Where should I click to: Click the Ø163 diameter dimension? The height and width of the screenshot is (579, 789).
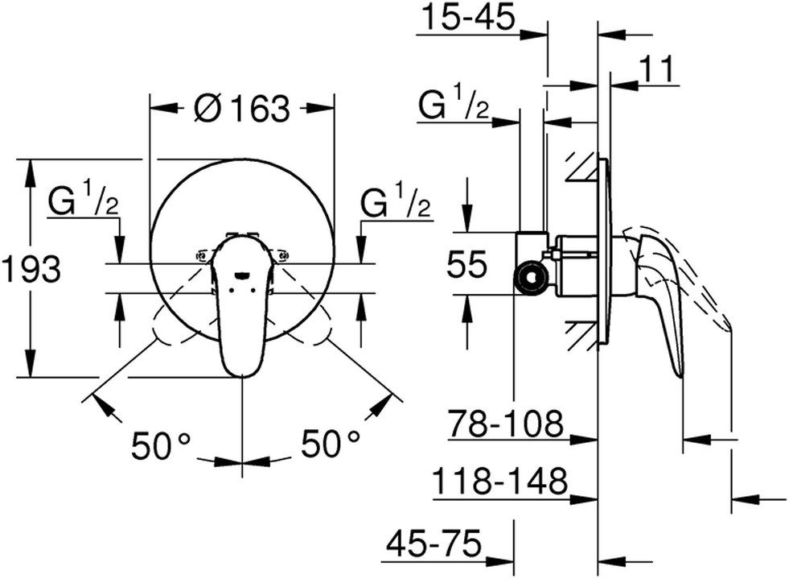pyautogui.click(x=241, y=107)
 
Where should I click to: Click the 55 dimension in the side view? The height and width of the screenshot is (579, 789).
pyautogui.click(x=466, y=264)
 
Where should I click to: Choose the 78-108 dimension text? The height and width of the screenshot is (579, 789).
pyautogui.click(x=506, y=422)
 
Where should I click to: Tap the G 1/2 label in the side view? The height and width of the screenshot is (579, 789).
pyautogui.click(x=454, y=105)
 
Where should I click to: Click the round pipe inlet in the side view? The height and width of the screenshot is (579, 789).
pyautogui.click(x=530, y=279)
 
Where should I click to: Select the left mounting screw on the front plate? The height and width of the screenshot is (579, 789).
pyautogui.click(x=201, y=257)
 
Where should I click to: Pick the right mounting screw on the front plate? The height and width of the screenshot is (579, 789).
pyautogui.click(x=282, y=257)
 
